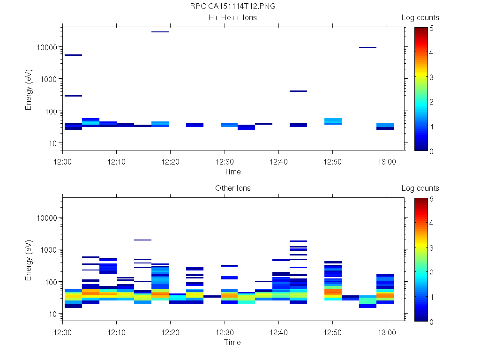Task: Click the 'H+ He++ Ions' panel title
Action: tap(232, 18)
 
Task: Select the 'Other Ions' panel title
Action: tap(232, 188)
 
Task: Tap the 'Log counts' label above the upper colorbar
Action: tap(420, 18)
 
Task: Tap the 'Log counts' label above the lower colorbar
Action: tap(420, 188)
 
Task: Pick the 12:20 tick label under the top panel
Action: tap(170, 161)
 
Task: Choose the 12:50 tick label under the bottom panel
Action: tap(332, 332)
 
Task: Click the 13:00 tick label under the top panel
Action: tap(386, 161)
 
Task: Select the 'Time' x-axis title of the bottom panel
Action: tap(232, 342)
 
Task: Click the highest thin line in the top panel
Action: tap(160, 32)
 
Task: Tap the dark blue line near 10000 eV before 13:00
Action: tap(368, 47)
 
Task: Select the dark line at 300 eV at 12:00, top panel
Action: tap(73, 96)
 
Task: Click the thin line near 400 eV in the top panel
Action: tap(298, 91)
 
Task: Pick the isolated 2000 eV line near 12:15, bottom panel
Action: tap(142, 240)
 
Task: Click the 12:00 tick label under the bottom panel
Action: tap(62, 332)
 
